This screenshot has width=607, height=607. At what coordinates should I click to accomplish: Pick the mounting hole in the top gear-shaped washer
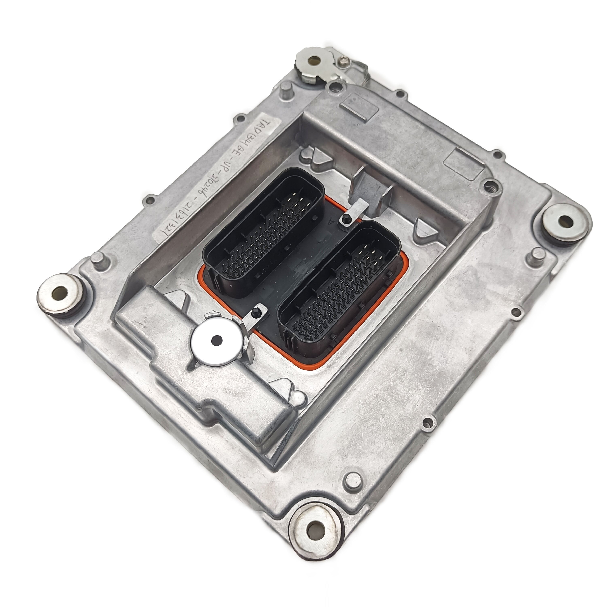coord(314,60)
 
